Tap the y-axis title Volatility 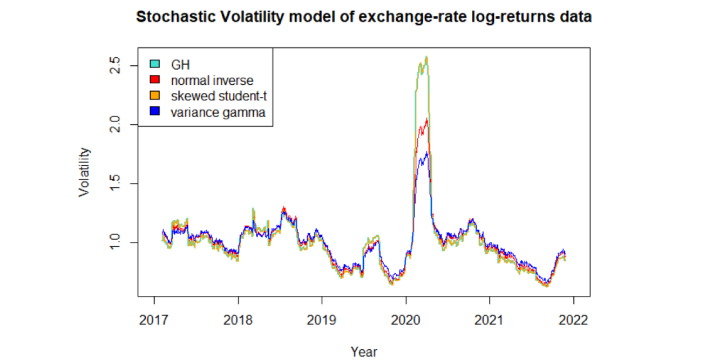84,172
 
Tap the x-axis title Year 364,352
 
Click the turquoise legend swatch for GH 154,64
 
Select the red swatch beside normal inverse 154,80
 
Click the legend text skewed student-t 219,96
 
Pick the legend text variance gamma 218,112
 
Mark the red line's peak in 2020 427,118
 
